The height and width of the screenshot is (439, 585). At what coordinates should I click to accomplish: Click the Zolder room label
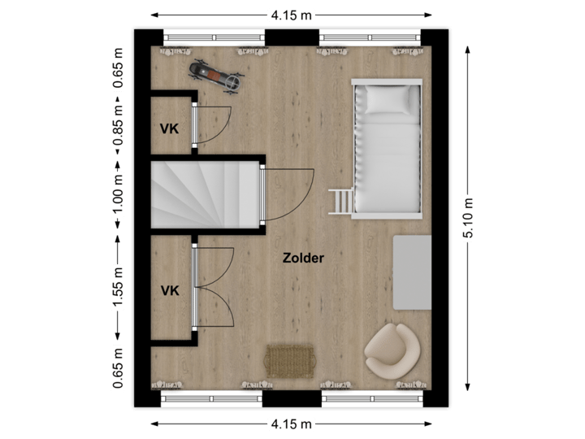coord(303,259)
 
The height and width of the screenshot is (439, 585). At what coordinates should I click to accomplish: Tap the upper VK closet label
coord(169,128)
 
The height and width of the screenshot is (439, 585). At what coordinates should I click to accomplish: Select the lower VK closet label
coord(169,290)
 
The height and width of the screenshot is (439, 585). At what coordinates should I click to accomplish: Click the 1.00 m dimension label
coord(119,197)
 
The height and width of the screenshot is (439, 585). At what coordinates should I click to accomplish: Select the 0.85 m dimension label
coord(119,128)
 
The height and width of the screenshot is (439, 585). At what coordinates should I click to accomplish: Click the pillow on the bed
coord(389,100)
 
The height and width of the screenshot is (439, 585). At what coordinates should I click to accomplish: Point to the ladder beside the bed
coord(340,200)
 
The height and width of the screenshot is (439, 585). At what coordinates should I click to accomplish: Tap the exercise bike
coord(216,76)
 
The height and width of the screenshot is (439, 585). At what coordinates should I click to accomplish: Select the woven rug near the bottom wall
coord(290,360)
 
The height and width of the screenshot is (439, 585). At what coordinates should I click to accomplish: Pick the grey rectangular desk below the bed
coord(413,272)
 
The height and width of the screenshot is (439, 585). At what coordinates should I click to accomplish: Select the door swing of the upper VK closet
coord(213,124)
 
